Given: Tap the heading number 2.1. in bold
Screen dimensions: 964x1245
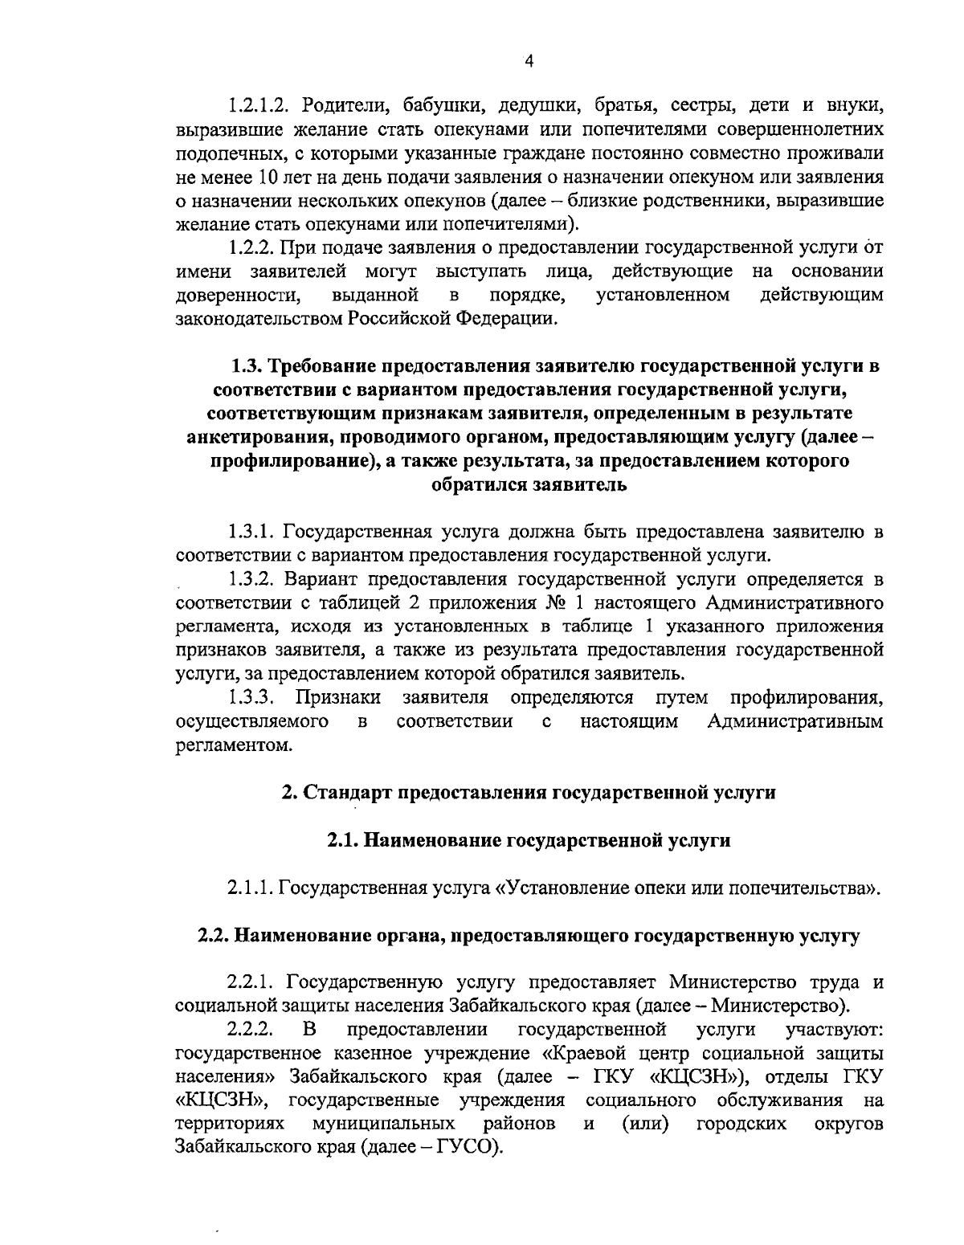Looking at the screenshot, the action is pyautogui.click(x=344, y=841).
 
